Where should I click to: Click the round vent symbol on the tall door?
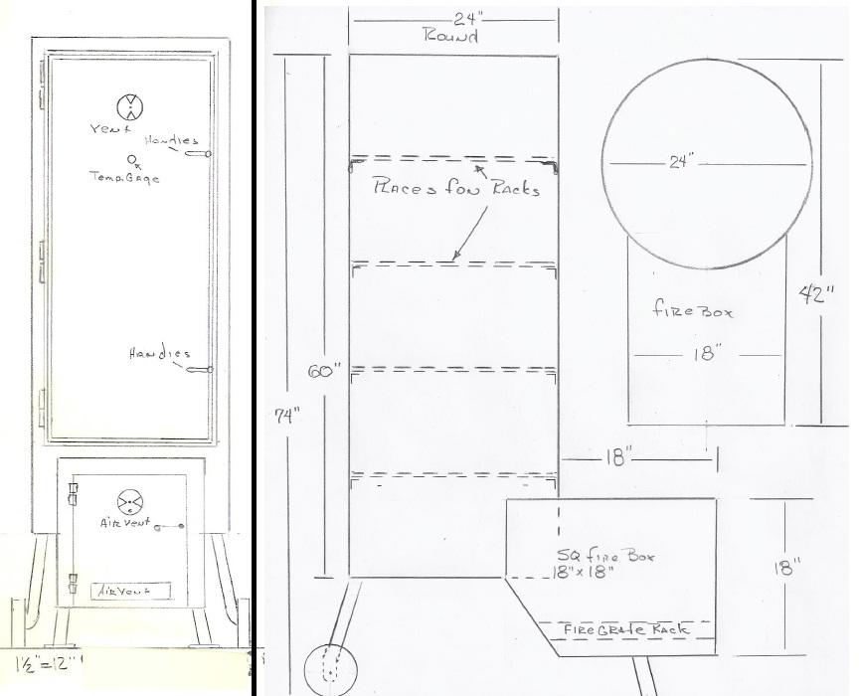pos(130,106)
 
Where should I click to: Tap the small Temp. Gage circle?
pos(133,158)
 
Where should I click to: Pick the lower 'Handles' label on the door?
pos(159,355)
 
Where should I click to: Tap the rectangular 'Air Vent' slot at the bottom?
pos(129,590)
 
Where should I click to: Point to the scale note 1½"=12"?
pos(48,661)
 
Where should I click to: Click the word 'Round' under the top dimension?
pos(451,37)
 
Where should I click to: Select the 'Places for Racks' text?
pos(456,186)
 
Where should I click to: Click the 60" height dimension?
pos(324,370)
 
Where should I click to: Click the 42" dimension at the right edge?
pos(819,294)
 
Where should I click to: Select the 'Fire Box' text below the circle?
pos(693,310)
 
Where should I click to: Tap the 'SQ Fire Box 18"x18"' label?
pos(591,563)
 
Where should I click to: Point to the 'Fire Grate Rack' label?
pos(626,629)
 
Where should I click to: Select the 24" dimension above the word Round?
pos(453,18)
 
